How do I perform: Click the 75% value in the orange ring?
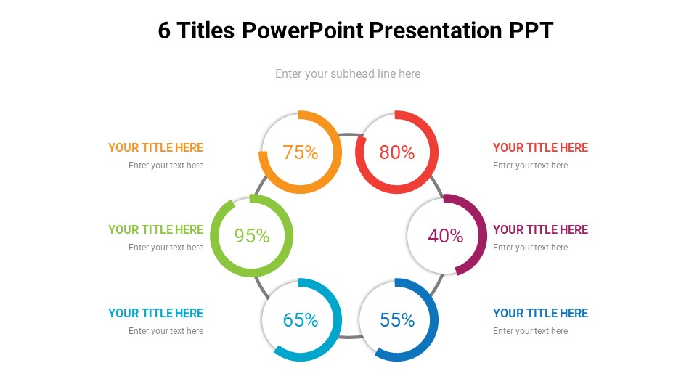pos(301,152)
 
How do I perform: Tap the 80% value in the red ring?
pos(397,152)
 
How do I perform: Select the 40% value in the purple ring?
pos(446,236)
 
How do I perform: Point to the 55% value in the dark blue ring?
pos(397,320)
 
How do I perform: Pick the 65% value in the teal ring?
pos(301,320)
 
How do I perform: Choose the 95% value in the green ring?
pos(252,236)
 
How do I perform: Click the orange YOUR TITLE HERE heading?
pos(156,147)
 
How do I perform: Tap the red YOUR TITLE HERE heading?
pos(540,147)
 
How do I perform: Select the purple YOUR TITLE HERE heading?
pos(540,229)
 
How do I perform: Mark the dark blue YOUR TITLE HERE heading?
pos(540,313)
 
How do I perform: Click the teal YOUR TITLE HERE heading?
pos(156,313)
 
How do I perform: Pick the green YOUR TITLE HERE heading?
pos(156,229)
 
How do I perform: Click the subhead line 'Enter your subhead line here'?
pos(348,73)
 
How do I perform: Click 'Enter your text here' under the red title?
pos(530,166)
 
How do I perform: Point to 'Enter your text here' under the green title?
pos(166,248)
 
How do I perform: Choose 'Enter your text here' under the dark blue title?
pos(530,331)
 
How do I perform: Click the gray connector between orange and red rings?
pos(348,135)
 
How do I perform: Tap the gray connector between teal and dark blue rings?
pos(349,337)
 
